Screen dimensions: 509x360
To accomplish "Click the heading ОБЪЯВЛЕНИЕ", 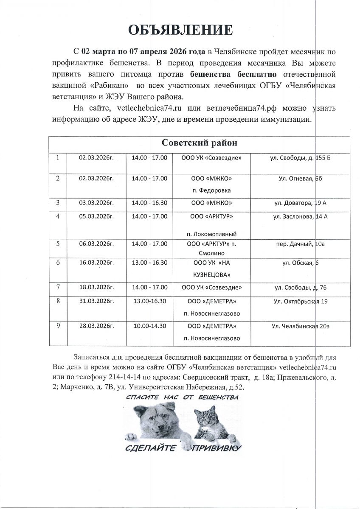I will coord(180,31).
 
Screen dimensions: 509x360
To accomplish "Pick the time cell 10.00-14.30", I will coord(149,326).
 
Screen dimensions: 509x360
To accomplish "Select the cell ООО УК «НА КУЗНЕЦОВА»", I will coord(212,268).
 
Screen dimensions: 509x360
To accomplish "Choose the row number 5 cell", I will coord(58,243).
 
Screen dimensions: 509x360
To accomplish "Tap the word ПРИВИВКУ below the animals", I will coord(217,448).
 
